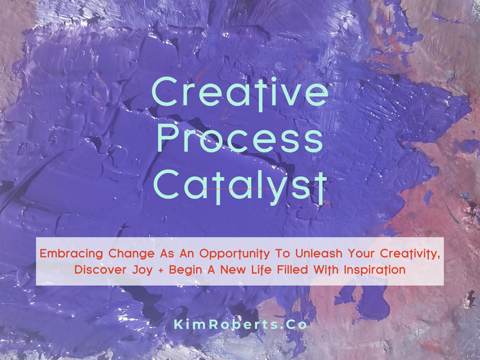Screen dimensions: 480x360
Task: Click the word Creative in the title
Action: tap(240, 93)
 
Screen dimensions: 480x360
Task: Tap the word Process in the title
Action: tap(240, 138)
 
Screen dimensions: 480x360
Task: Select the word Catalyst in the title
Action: tap(240, 186)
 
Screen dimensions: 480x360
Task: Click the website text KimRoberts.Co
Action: tap(240, 325)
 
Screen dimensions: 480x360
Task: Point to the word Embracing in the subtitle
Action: tap(71, 254)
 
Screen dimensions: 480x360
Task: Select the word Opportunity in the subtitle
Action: tap(235, 254)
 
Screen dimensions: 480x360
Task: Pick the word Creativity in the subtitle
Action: tap(410, 254)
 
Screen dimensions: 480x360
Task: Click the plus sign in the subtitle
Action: tap(161, 270)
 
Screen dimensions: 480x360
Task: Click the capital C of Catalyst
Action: tap(166, 184)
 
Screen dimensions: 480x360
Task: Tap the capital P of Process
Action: tap(167, 138)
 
